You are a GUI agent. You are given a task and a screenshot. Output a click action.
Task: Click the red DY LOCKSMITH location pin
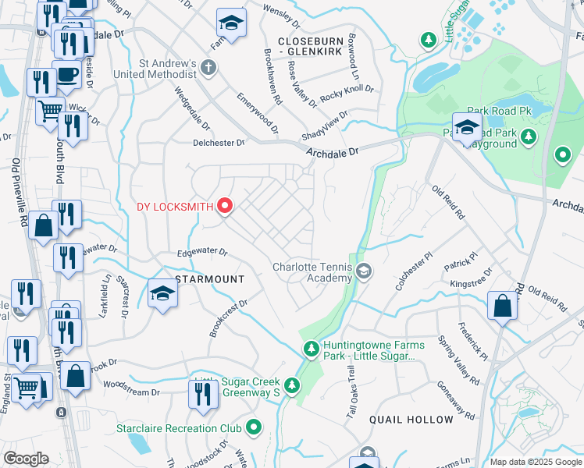(226, 206)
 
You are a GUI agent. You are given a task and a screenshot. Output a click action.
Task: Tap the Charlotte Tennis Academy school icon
(363, 271)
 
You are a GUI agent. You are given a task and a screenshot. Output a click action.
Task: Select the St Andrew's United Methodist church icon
(208, 67)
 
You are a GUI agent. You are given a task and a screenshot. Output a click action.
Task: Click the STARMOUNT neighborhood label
(209, 279)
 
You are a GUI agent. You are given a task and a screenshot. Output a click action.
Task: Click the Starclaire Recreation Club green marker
(254, 427)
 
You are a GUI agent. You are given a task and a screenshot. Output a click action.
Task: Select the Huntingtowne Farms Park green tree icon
(312, 348)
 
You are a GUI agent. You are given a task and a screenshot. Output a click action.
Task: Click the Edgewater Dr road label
(201, 253)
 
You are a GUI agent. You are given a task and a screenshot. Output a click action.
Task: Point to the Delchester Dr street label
(219, 143)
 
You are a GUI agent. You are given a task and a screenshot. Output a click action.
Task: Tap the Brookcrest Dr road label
(227, 318)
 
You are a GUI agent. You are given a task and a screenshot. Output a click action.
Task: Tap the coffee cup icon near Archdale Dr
(67, 75)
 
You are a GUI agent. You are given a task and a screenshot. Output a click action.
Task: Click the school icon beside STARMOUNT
(163, 293)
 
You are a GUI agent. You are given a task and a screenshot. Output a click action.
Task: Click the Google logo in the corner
(26, 459)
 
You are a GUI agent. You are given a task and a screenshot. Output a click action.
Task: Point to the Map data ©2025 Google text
(536, 462)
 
